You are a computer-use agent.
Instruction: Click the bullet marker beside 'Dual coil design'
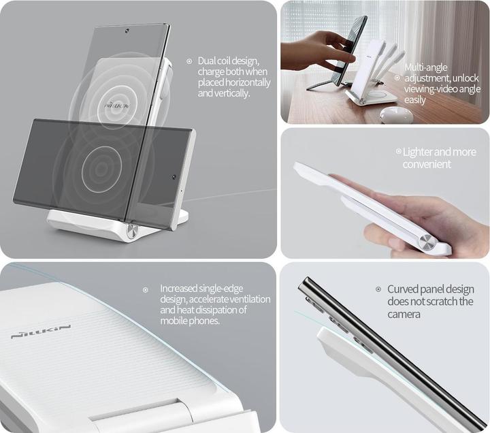coord(189,61)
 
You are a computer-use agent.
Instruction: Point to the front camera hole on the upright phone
coord(127,31)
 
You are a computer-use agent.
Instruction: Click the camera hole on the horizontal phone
coord(174,177)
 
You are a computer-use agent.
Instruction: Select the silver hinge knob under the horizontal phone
coord(131,233)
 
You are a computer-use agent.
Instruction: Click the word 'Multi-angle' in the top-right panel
coord(425,67)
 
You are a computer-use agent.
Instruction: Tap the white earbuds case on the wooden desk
coord(396,114)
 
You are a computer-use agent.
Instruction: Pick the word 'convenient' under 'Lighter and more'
coord(427,164)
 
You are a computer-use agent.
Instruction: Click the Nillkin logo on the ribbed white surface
coord(41,332)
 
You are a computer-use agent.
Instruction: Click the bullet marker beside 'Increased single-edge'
coord(146,290)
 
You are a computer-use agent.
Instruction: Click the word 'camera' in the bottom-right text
coord(404,315)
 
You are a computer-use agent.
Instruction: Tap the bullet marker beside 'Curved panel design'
coord(378,289)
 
